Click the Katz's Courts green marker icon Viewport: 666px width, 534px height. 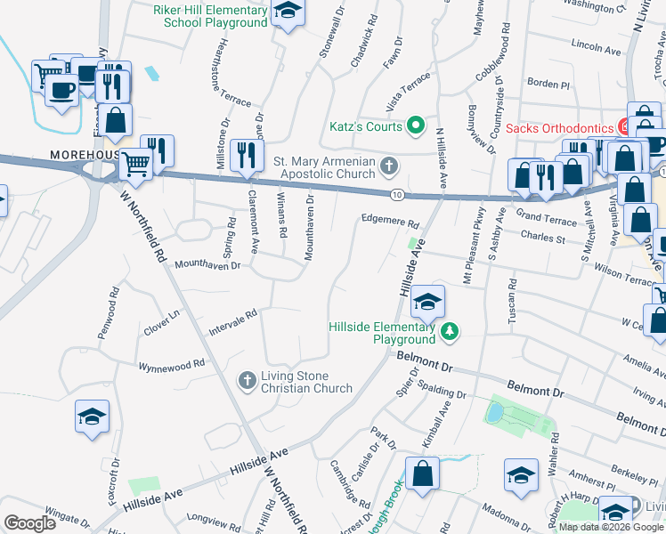pyautogui.click(x=414, y=126)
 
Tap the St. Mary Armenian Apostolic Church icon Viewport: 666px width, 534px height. pyautogui.click(x=388, y=166)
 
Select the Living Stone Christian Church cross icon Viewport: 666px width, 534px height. pyautogui.click(x=248, y=381)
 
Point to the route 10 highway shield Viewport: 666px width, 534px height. pyautogui.click(x=396, y=194)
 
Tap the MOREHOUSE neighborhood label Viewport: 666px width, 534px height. pyautogui.click(x=85, y=155)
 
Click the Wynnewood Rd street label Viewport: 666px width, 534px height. pyautogui.click(x=172, y=364)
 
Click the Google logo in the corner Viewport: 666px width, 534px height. pyautogui.click(x=29, y=523)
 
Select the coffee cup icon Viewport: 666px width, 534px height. pyautogui.click(x=61, y=90)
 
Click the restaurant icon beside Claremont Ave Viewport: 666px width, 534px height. pyautogui.click(x=244, y=154)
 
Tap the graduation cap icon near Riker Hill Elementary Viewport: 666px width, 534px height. pyautogui.click(x=288, y=11)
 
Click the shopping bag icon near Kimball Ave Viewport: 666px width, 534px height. pyautogui.click(x=422, y=473)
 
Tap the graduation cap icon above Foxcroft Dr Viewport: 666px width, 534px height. pyautogui.click(x=92, y=417)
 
